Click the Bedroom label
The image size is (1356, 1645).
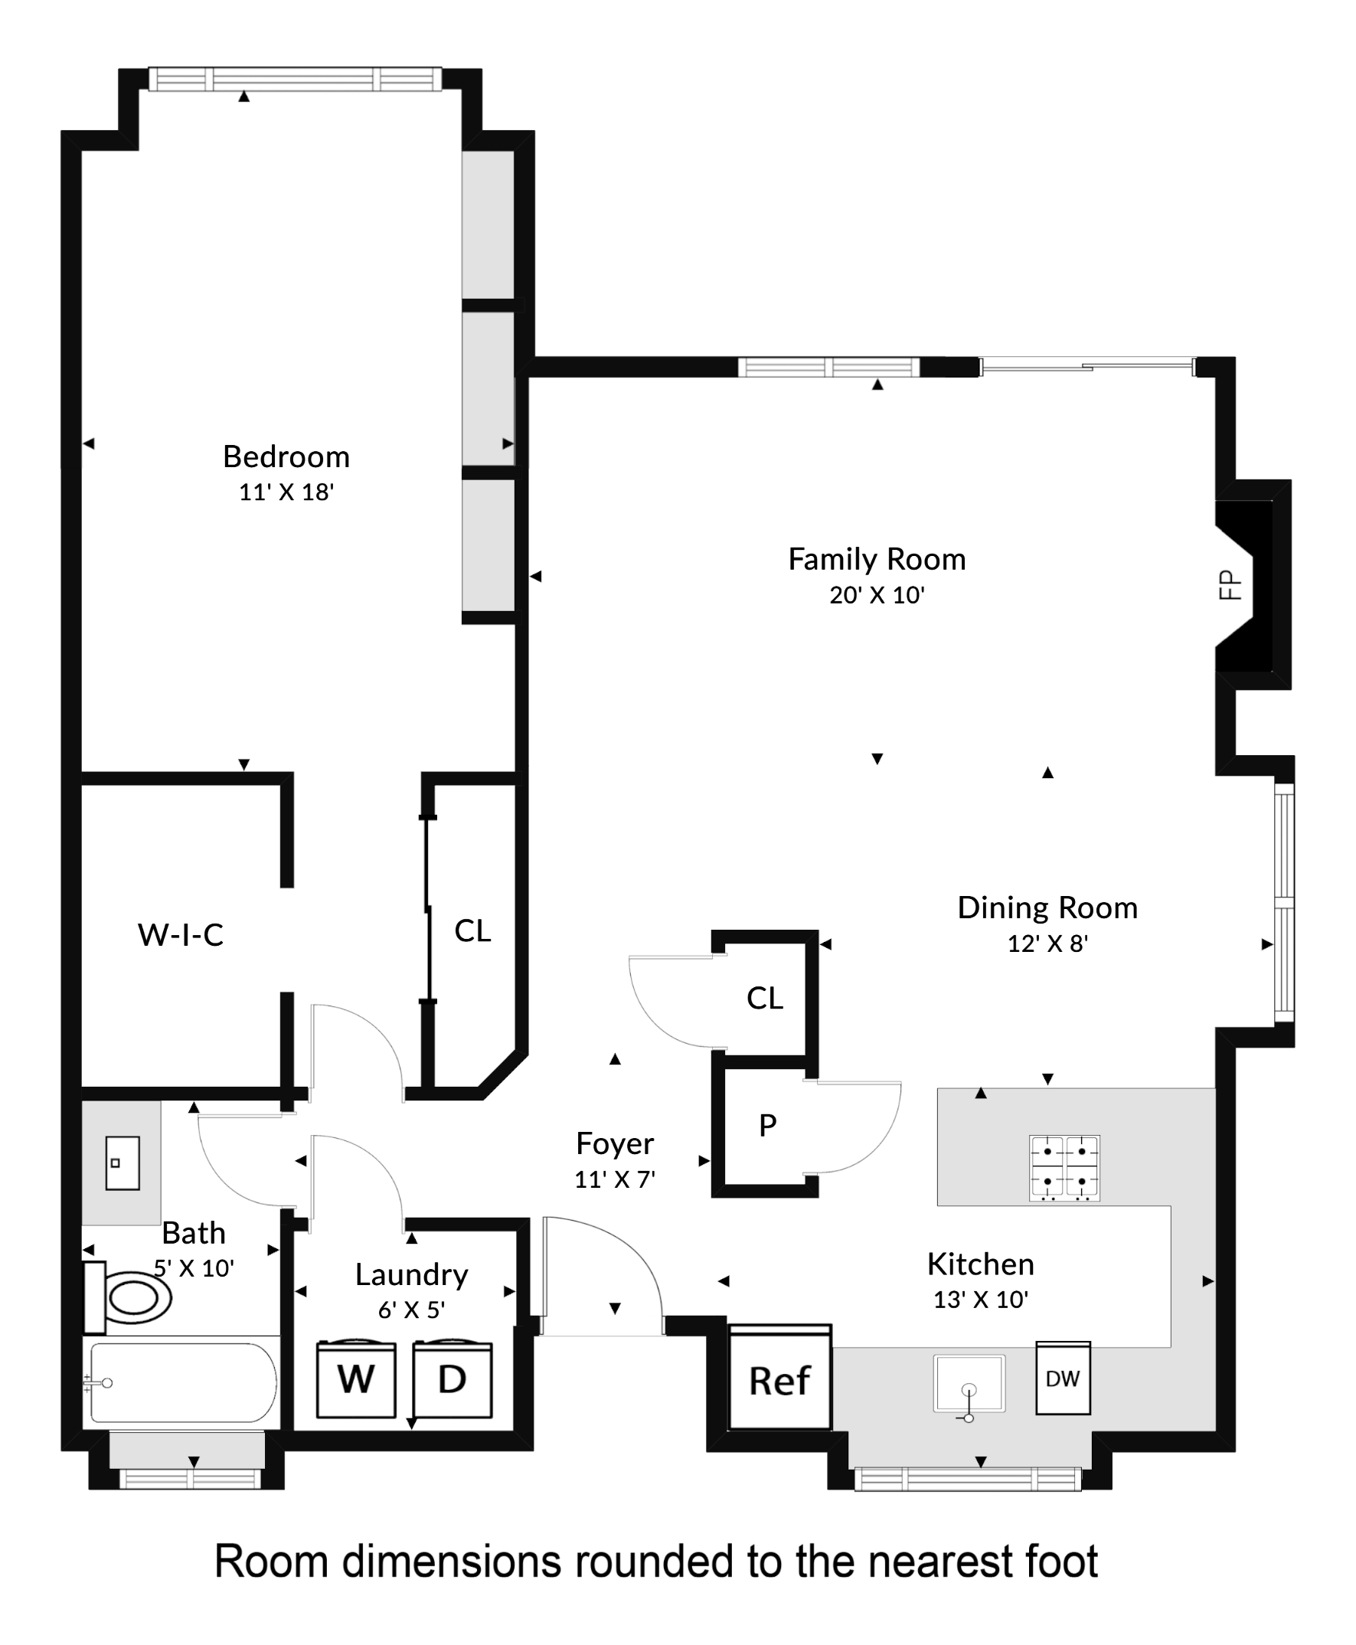click(x=286, y=457)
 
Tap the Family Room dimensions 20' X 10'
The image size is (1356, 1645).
click(x=877, y=595)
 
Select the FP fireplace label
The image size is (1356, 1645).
click(x=1230, y=584)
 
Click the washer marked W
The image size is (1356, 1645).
click(x=355, y=1379)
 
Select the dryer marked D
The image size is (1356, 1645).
click(x=453, y=1379)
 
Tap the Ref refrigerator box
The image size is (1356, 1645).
click(x=779, y=1380)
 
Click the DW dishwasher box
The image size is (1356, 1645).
click(x=1062, y=1378)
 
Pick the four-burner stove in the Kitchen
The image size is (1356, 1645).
click(x=1064, y=1168)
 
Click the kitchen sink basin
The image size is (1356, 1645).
click(x=969, y=1383)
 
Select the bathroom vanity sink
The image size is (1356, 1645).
click(x=123, y=1163)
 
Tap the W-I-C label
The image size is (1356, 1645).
click(x=181, y=935)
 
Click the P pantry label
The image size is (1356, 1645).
click(x=767, y=1126)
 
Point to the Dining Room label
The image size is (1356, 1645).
click(x=1047, y=908)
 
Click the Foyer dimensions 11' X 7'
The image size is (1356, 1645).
click(x=614, y=1179)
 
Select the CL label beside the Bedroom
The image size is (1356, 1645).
click(x=472, y=931)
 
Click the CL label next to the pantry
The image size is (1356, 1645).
click(x=764, y=998)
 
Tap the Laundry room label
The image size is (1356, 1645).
click(x=412, y=1275)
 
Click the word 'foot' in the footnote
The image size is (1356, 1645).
click(x=1058, y=1562)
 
